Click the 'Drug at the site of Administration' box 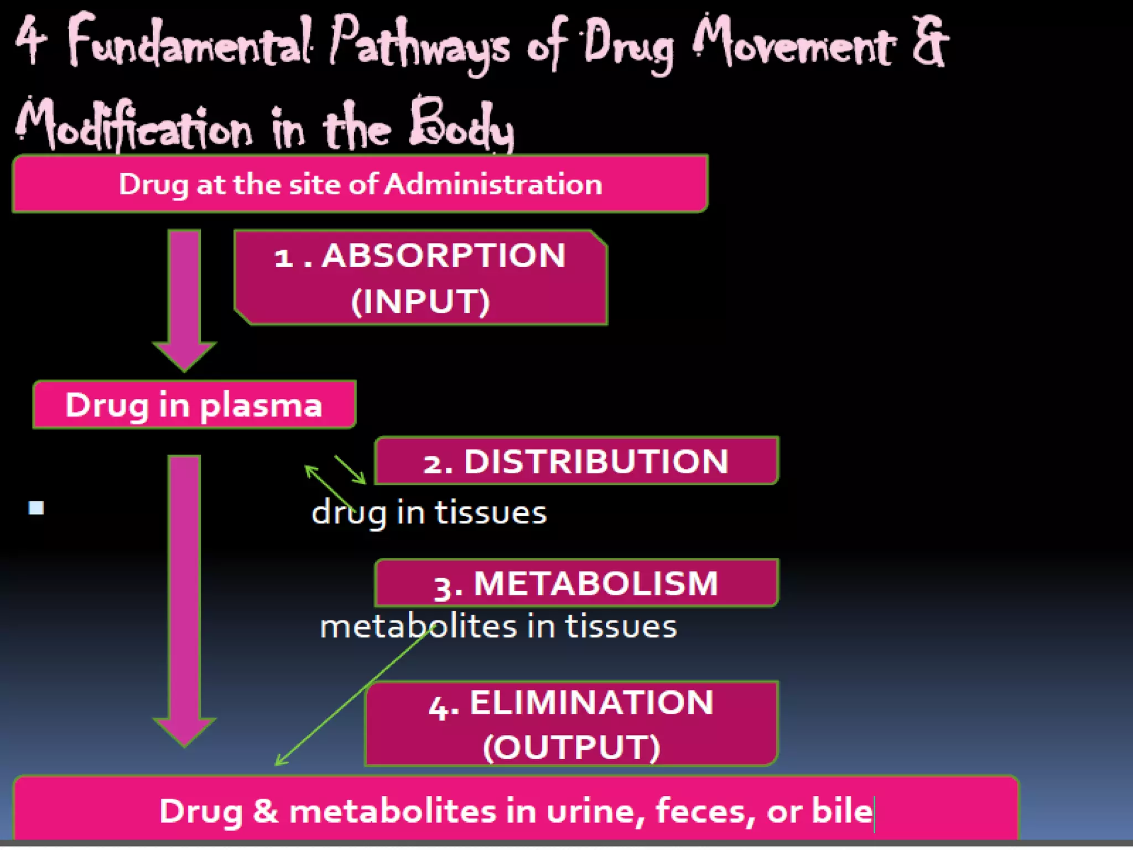[x=360, y=184]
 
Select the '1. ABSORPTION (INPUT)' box [x=420, y=278]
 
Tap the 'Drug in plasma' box [x=194, y=405]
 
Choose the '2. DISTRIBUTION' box [x=576, y=460]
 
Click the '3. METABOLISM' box [x=576, y=583]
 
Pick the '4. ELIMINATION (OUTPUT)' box [x=571, y=724]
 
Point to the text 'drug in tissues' [x=429, y=512]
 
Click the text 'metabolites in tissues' [x=498, y=626]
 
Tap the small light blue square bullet [x=37, y=507]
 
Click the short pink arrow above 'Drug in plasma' [x=184, y=299]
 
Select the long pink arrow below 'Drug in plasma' [x=184, y=598]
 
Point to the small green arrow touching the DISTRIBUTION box [x=350, y=470]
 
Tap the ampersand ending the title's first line [x=929, y=42]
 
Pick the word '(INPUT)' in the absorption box [x=420, y=302]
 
